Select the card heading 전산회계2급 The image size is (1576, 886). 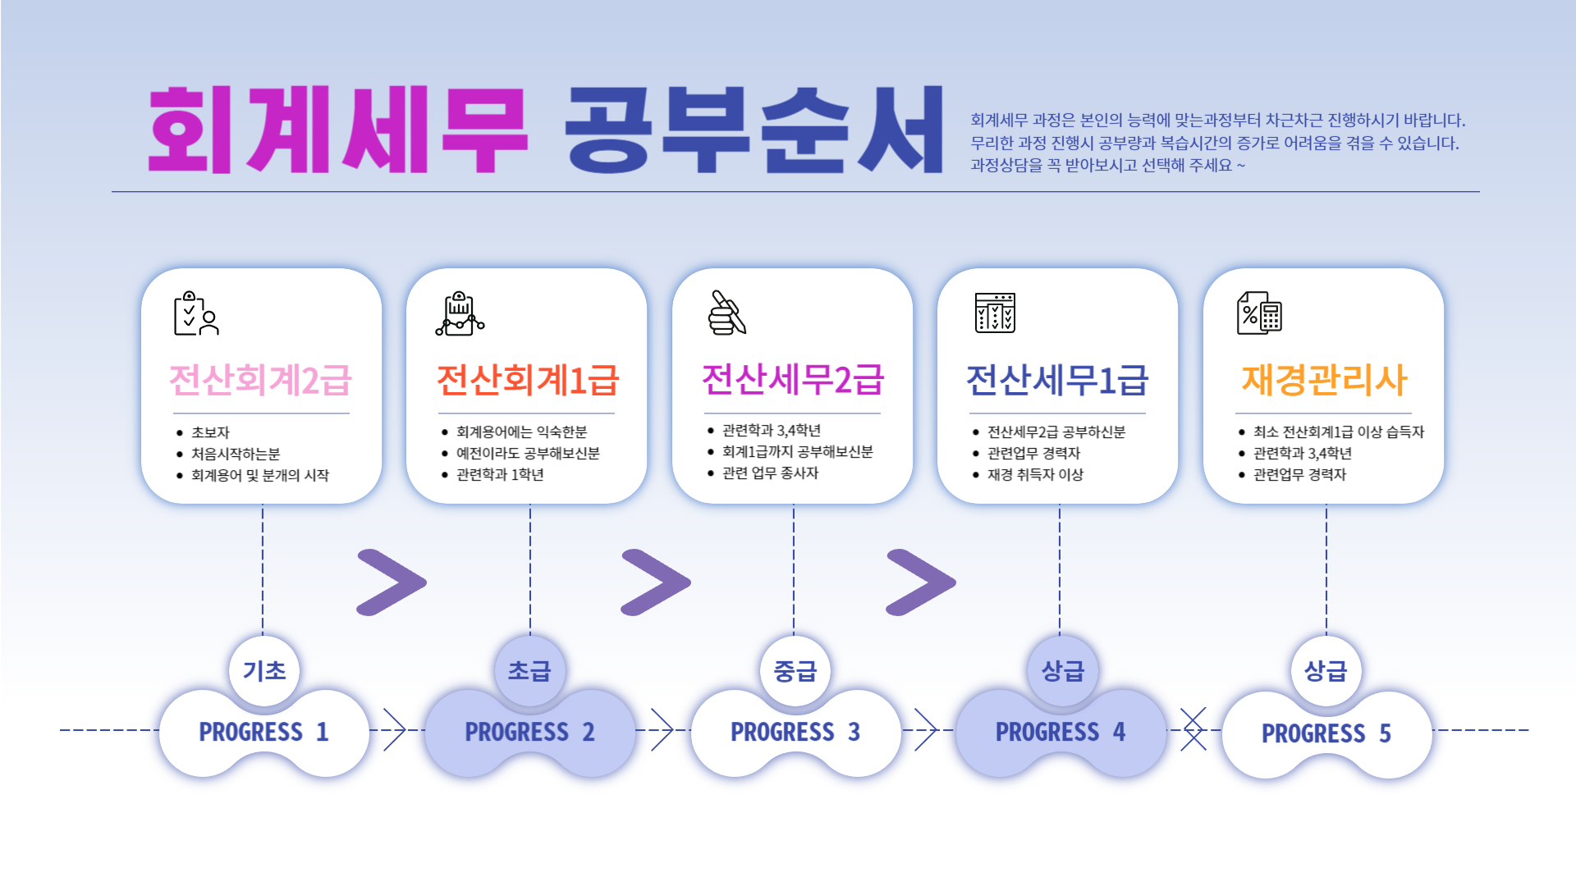pos(260,380)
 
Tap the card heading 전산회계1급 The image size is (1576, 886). pos(528,380)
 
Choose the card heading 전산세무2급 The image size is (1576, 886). pos(793,379)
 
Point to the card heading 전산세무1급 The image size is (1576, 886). pos(1057,380)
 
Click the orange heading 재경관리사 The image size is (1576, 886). pos(1324,380)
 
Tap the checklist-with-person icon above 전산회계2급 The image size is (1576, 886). pos(196,313)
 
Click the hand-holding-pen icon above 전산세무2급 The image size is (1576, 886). pos(727,313)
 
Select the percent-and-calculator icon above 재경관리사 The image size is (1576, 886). pos(1259,313)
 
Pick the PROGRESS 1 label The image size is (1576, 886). pos(263,732)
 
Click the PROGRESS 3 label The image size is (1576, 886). pos(795,732)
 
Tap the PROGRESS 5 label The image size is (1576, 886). pos(1326,733)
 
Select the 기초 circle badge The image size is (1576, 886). pos(264,671)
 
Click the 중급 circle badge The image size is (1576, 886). pos(795,671)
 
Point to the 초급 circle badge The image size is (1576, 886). pos(529,671)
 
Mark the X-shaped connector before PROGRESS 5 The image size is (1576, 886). pos(1193,728)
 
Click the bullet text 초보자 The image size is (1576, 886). pos(210,432)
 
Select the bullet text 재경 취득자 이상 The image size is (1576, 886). pos(1035,474)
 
